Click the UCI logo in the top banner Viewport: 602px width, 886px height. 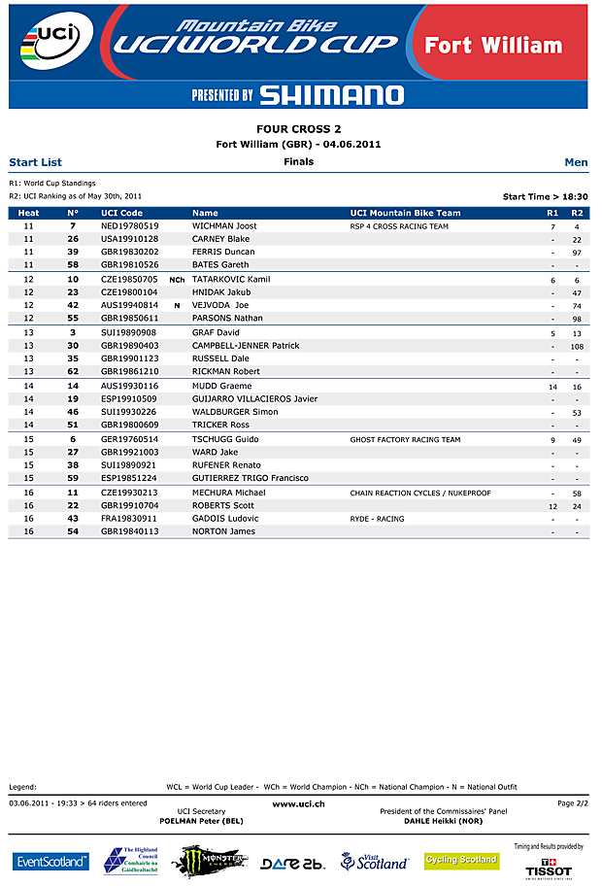coord(53,43)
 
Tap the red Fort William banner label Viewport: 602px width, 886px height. coord(507,46)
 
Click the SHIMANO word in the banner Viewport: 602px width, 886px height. coord(331,94)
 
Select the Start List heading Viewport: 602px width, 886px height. coord(35,162)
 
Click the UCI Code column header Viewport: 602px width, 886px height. coord(121,213)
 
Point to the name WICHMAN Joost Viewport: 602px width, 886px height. coord(224,226)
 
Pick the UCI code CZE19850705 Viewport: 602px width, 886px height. coord(129,280)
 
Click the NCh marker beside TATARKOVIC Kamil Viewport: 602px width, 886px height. coord(177,280)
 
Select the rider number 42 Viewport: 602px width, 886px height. coord(73,305)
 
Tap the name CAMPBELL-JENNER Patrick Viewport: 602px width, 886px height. coord(245,346)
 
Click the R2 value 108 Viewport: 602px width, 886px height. coord(577,346)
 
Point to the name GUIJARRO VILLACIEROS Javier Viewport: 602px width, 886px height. coord(254,399)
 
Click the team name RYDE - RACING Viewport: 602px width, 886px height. coord(377,519)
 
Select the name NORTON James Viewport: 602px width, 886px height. coord(222,531)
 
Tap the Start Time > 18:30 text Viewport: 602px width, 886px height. coord(545,196)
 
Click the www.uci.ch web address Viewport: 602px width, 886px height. coord(298,803)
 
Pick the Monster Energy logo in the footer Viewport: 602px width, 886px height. coord(209,860)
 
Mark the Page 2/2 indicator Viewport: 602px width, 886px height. coord(573,803)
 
